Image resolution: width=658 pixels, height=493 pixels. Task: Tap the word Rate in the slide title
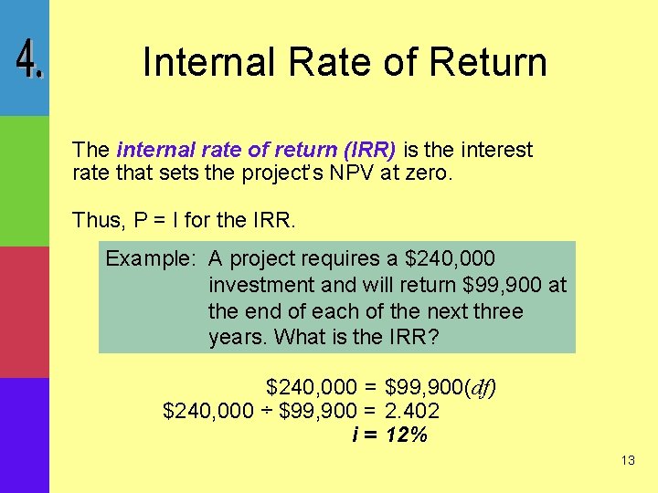pos(310,62)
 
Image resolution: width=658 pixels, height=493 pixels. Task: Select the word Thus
pos(95,220)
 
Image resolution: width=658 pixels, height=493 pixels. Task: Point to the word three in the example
pos(495,311)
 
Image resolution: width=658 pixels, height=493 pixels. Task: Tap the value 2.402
pos(412,411)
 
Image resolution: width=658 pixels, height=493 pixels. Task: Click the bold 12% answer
pos(407,435)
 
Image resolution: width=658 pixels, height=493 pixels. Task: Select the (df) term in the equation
pos(481,387)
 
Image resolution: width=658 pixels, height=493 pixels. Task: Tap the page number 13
pos(627,461)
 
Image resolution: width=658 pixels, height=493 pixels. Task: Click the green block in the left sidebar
pos(24,181)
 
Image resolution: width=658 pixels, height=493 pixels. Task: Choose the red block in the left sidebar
pos(24,311)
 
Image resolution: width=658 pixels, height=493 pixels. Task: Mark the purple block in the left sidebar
pos(24,435)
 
